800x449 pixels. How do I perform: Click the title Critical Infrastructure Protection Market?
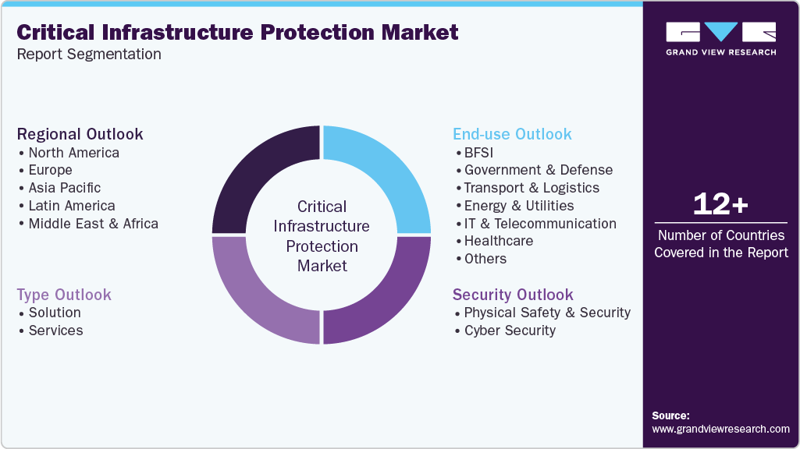(x=237, y=32)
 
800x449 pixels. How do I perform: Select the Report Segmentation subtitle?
(x=89, y=55)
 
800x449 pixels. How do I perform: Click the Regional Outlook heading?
(x=80, y=134)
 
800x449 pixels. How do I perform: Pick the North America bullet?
(x=73, y=153)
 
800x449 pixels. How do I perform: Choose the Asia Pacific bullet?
(x=64, y=188)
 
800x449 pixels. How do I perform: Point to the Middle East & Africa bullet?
(x=93, y=224)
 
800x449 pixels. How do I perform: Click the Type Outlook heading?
(x=64, y=295)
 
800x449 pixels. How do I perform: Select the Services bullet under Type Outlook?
(x=55, y=331)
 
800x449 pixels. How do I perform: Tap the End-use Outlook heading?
(x=512, y=134)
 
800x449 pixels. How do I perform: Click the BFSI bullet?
(x=478, y=153)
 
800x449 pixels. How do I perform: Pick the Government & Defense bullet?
(x=538, y=170)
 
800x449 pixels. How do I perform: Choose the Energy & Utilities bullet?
(x=518, y=206)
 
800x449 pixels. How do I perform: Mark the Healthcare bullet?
(x=498, y=241)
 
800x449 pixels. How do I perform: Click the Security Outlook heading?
(x=513, y=295)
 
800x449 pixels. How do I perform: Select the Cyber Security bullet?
(x=509, y=331)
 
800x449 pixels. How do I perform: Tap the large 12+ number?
(x=720, y=205)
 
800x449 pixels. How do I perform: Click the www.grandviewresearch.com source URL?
(x=720, y=429)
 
